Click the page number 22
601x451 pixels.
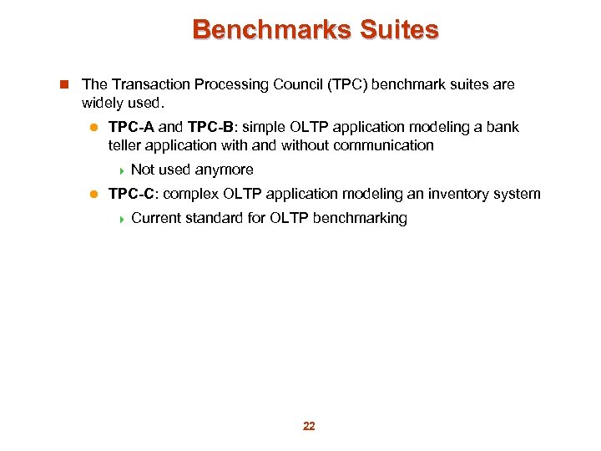pyautogui.click(x=309, y=426)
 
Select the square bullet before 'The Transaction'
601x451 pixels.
pyautogui.click(x=64, y=84)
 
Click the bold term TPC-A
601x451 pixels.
pyautogui.click(x=131, y=127)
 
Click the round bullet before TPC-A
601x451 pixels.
pyautogui.click(x=94, y=128)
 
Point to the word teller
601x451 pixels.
pyautogui.click(x=126, y=145)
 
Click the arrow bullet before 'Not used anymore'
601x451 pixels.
pyautogui.click(x=122, y=170)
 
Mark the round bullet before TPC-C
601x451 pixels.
pyautogui.click(x=94, y=195)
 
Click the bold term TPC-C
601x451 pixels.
pyautogui.click(x=131, y=194)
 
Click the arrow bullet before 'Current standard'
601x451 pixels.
pyautogui.click(x=122, y=219)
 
